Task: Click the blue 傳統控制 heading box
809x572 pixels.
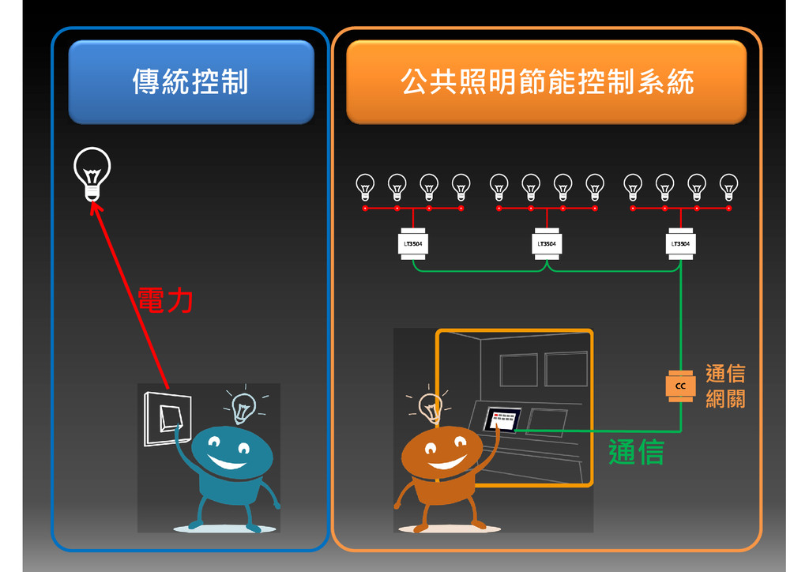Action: pos(190,82)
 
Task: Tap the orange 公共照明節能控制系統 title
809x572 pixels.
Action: pos(546,82)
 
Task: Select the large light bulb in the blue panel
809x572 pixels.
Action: pos(92,173)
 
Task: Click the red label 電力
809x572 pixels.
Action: pos(165,301)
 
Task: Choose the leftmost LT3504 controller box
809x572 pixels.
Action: pos(412,243)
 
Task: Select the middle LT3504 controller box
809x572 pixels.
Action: pos(547,243)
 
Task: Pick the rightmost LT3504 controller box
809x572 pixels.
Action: pos(679,243)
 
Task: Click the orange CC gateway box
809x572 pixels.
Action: pos(679,386)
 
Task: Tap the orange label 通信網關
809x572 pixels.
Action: pos(724,386)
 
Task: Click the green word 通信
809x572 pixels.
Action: pos(635,452)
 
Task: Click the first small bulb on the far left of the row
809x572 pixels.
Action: pos(365,186)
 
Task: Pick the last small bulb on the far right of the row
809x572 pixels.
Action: pos(728,186)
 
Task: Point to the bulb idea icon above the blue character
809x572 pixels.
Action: pos(243,406)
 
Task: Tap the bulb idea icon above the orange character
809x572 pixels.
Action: pos(430,407)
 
